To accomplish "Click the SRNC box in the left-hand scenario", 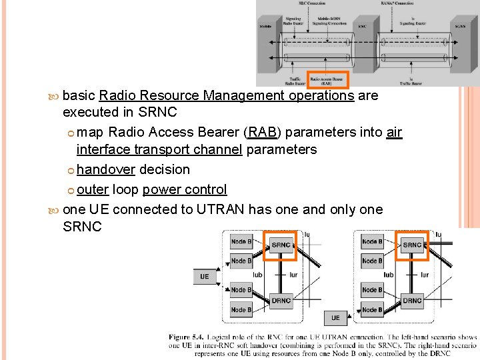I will [281, 245].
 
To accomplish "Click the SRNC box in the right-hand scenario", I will [412, 245].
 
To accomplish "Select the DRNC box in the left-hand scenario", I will [281, 301].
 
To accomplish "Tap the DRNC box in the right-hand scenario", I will [412, 301].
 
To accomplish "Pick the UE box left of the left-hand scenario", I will [205, 276].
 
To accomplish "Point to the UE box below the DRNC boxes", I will [335, 318].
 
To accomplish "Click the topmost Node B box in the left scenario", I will [241, 241].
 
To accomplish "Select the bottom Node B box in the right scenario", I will [372, 310].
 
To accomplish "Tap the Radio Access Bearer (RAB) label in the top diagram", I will [327, 79].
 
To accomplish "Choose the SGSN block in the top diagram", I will [460, 27].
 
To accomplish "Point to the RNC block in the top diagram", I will [362, 27].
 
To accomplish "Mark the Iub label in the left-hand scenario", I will [257, 275].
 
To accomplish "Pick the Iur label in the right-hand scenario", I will [424, 275].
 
